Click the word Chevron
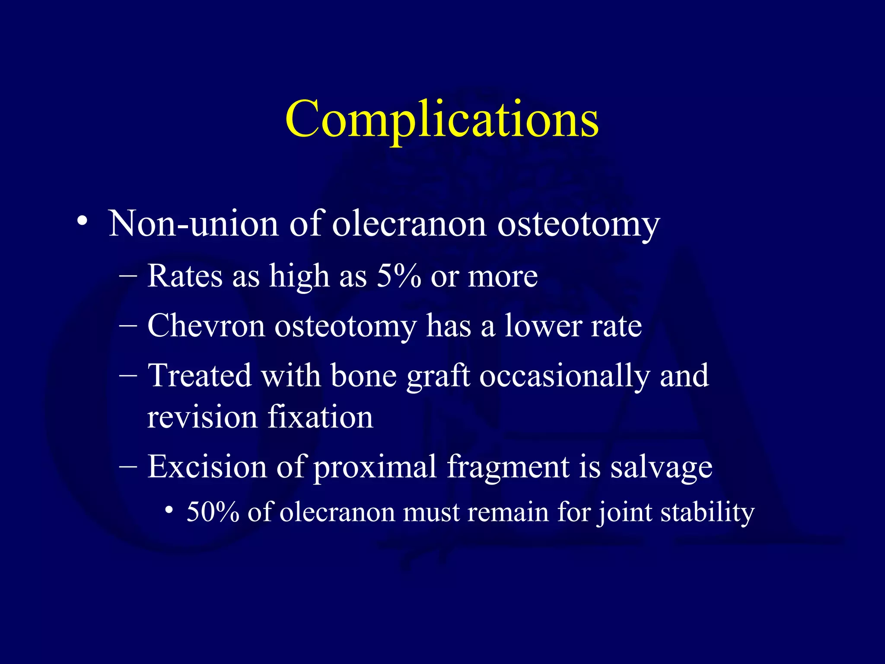(206, 326)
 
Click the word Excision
(207, 467)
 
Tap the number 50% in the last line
(213, 512)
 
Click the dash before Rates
(128, 276)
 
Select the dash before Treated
(128, 375)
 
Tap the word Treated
(199, 375)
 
